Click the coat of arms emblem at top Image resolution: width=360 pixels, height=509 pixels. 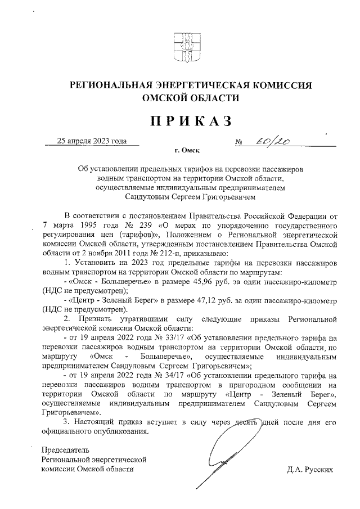(x=181, y=47)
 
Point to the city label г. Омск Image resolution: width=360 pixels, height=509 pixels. (x=187, y=151)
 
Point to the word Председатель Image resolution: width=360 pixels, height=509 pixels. (x=65, y=450)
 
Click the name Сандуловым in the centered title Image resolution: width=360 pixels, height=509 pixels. (x=148, y=197)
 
